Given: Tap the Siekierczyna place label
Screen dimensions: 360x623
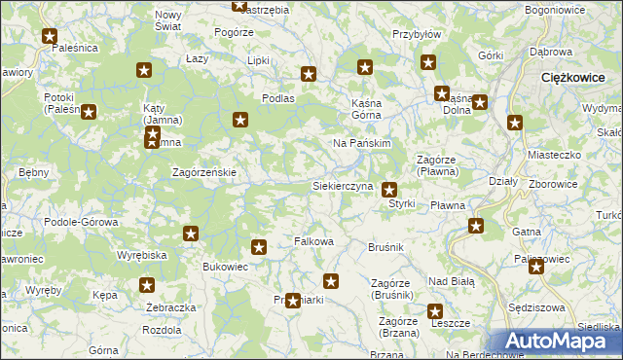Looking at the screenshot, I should (342, 185).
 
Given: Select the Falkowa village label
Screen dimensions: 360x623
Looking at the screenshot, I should (314, 241).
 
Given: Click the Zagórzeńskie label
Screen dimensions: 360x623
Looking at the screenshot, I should (204, 172).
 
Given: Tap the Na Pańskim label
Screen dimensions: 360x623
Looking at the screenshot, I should (361, 143).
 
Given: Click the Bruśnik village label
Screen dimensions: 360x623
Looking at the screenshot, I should (385, 248).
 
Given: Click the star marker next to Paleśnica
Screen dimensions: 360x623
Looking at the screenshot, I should (51, 37).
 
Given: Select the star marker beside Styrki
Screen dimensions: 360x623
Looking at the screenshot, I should (389, 190).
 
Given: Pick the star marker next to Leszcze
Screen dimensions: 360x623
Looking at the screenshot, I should (435, 311).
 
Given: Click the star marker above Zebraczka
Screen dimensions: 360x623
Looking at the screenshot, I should (147, 285).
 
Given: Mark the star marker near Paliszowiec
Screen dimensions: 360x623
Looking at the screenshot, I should (535, 267).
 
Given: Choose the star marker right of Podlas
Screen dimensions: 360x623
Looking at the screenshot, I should (309, 73).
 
